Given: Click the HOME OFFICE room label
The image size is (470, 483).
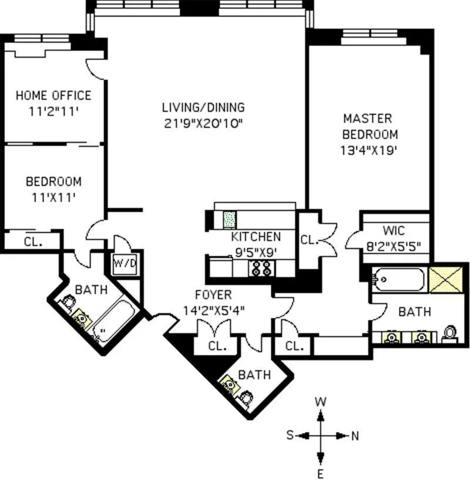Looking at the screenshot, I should click(x=53, y=95).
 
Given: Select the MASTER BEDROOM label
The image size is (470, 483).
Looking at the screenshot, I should click(x=368, y=126).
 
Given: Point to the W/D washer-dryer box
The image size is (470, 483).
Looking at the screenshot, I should click(x=124, y=263).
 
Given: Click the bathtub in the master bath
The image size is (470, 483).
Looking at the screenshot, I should click(x=399, y=279).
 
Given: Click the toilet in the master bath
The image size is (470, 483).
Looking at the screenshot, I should click(x=451, y=334).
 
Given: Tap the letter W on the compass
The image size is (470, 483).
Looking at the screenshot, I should click(x=321, y=402).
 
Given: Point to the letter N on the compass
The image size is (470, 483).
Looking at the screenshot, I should click(x=355, y=435).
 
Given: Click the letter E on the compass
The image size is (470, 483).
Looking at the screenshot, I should click(x=321, y=474).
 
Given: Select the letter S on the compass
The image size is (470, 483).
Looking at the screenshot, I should click(x=290, y=435).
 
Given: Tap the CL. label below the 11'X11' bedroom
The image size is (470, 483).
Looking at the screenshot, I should click(x=32, y=241).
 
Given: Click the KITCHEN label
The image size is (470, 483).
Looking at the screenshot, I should click(x=256, y=237).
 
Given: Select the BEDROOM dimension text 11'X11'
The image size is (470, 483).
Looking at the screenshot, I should click(x=53, y=197).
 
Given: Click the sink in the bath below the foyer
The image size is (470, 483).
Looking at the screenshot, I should click(x=230, y=384).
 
